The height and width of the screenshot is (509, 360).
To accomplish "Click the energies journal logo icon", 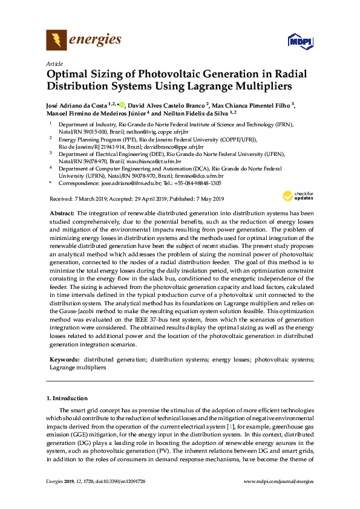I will [56, 41].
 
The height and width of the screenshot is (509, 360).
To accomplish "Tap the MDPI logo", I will [301, 42].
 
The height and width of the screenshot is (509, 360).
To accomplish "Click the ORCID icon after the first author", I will [121, 105].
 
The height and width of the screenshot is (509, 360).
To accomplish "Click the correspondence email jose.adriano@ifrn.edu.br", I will [124, 183].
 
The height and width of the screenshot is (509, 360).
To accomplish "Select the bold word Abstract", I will [62, 213].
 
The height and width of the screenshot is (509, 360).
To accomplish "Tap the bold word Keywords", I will [63, 360].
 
